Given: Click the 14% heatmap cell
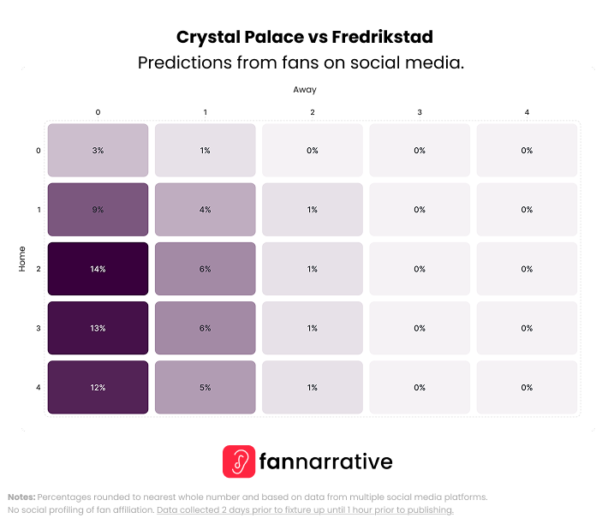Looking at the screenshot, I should tap(98, 269).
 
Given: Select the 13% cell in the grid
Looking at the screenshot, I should tap(98, 328).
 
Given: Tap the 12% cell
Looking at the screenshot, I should tap(98, 387).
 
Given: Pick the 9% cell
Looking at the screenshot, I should tap(98, 210).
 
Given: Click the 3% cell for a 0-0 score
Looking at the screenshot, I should tap(98, 151).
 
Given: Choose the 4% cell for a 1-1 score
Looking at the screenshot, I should tap(205, 210).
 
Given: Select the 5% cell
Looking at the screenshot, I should tap(205, 387).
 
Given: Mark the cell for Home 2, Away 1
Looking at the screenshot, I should tap(205, 269).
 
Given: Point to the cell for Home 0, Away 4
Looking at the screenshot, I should tap(527, 151).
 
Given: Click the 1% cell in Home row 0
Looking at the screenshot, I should tap(205, 151).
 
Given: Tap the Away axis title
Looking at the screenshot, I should tap(305, 89).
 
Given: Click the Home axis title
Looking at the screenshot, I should tap(22, 259).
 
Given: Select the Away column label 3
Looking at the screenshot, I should tap(420, 112).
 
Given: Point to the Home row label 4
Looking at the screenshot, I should tap(38, 388).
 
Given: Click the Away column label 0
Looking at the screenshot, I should tap(98, 112).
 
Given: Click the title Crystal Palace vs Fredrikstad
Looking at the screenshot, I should tap(304, 37).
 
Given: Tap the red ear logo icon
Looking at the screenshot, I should tap(239, 461).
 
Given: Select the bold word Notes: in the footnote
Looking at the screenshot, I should tap(21, 497).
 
